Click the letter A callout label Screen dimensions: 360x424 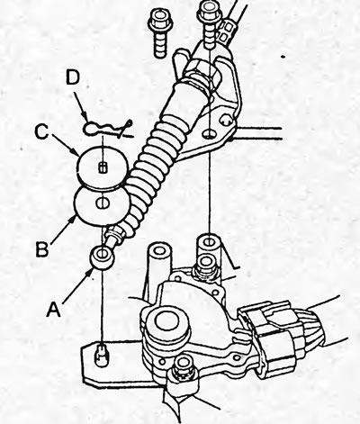click(x=54, y=310)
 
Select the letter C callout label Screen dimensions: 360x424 click(x=41, y=132)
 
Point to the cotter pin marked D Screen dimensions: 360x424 click(x=107, y=129)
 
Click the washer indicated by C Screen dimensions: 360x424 click(x=102, y=167)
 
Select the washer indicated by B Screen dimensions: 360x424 click(x=102, y=205)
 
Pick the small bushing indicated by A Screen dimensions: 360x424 click(x=103, y=257)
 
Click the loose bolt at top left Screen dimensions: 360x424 click(x=160, y=33)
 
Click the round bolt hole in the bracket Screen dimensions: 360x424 click(x=209, y=133)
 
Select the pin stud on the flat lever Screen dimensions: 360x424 click(x=102, y=356)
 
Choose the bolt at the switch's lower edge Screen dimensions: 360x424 click(x=182, y=366)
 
